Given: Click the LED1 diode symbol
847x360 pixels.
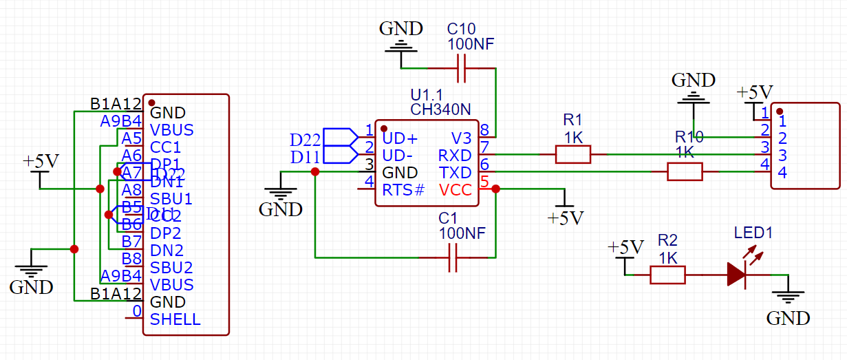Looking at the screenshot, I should pos(736,275).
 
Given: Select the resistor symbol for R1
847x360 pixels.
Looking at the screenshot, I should pos(572,154).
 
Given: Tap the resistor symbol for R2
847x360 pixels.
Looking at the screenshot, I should pos(667,275).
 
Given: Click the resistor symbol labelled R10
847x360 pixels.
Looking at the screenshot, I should pos(684,171).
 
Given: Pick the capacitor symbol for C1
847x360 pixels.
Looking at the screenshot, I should pos(453,258).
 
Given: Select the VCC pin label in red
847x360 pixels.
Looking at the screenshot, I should pos(455,189).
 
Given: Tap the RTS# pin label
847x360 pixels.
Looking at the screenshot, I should pos(403,189).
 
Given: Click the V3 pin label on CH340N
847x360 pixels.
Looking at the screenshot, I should pos(462,138).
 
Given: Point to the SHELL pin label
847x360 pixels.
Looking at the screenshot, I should pos(175,319).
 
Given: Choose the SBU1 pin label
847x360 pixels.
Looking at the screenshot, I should pos(171,199).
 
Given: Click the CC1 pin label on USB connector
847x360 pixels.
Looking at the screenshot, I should pos(165,147).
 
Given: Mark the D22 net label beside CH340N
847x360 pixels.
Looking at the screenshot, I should pos(305,140).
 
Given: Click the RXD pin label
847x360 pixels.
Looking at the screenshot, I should pos(455,155).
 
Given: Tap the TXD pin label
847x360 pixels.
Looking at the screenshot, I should pos(455,172).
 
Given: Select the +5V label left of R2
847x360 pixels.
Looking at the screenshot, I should pos(625,247).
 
